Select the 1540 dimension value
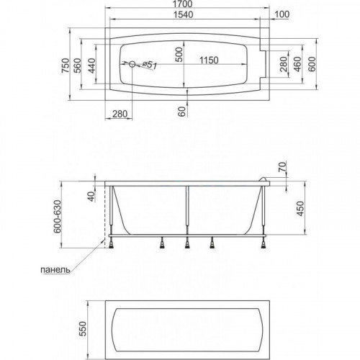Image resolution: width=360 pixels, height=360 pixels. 183,14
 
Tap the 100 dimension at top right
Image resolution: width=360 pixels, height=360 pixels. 282,14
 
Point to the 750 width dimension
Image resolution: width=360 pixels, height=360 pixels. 66,66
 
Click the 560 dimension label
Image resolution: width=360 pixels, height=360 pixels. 78,66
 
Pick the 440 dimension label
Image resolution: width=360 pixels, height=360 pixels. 91,66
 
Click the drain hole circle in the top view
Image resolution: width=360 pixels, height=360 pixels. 132,64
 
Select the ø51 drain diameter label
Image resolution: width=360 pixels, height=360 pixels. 149,65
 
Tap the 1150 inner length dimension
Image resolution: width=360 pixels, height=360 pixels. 209,60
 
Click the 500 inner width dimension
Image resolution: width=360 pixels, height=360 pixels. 179,55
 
